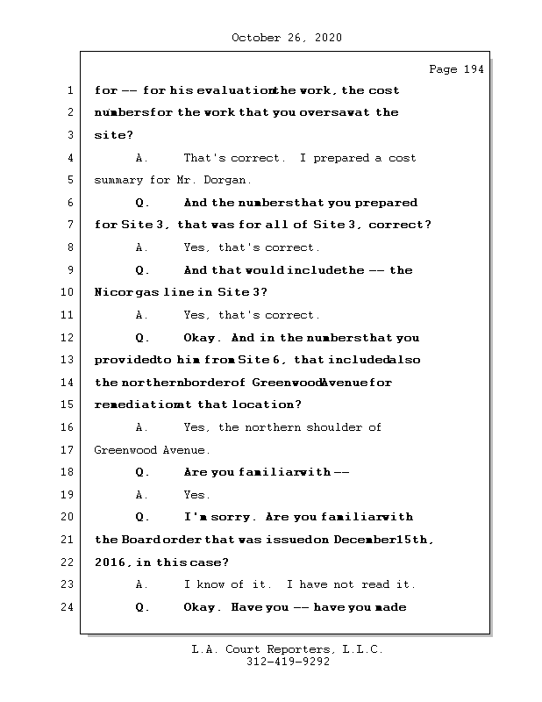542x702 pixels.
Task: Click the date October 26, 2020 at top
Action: click(x=287, y=38)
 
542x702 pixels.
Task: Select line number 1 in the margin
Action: click(x=69, y=90)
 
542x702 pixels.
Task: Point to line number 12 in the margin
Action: click(x=67, y=338)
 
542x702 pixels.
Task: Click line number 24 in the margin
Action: click(x=67, y=607)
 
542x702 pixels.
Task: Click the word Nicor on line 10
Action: click(x=111, y=292)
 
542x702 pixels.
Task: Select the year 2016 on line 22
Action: click(x=110, y=562)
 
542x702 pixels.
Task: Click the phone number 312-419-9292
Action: click(x=287, y=663)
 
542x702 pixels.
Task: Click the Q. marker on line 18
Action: click(x=143, y=472)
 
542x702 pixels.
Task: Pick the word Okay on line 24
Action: click(x=202, y=607)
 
